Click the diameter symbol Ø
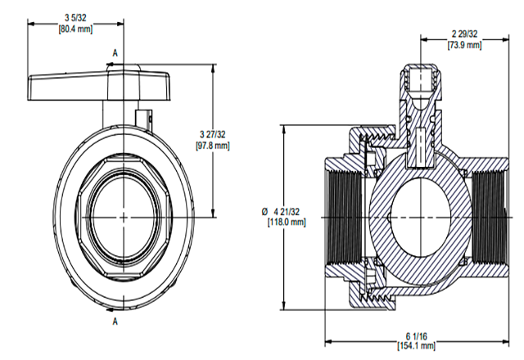coord(261,211)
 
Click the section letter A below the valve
coord(115,321)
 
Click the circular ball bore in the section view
coord(418,217)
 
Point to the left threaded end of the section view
coord(343,218)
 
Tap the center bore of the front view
coord(123,217)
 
